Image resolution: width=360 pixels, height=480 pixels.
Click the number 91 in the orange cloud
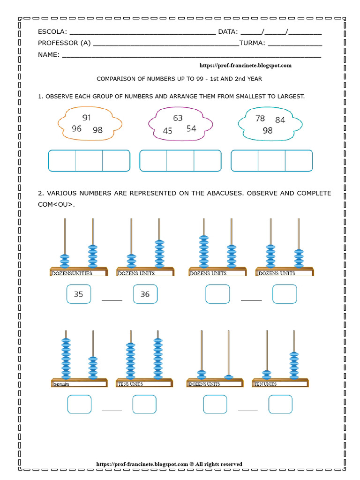tap(86, 118)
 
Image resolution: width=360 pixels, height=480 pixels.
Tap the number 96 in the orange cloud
tap(76, 128)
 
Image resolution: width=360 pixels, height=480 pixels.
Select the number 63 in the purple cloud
tap(178, 118)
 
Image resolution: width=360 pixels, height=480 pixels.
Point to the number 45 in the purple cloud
tap(167, 131)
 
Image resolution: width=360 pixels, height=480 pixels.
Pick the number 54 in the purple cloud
tap(191, 128)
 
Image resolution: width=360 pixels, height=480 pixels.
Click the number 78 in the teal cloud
tap(260, 119)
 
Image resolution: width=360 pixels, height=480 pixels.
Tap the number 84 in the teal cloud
tap(280, 120)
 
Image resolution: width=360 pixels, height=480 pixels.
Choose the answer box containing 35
tap(78, 294)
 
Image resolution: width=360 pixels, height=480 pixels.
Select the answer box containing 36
tap(145, 294)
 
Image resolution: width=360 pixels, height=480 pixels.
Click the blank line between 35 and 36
tap(112, 299)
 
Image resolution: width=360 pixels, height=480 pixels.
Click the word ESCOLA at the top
tap(52, 32)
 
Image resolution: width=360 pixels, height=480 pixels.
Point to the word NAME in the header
tap(48, 54)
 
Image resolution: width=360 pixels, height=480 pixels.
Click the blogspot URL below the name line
tap(246, 66)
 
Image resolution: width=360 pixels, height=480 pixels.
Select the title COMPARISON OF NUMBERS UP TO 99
tap(180, 79)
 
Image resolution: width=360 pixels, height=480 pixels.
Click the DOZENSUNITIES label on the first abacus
tap(71, 273)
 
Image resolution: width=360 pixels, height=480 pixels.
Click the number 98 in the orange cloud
tap(97, 130)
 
